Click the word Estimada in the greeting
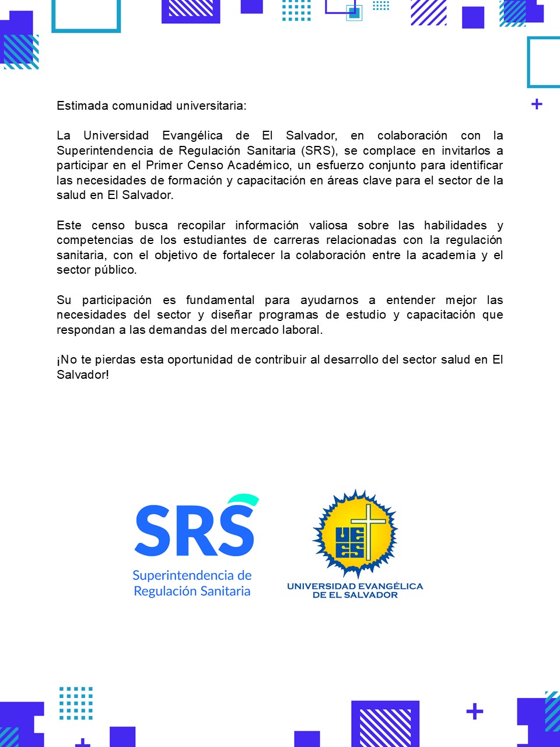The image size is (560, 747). click(x=82, y=106)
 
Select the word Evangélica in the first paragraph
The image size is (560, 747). click(x=192, y=135)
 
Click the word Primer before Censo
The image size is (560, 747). click(x=164, y=166)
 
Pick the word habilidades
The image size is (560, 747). click(x=455, y=225)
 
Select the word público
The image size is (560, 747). click(x=116, y=270)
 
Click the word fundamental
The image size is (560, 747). click(x=220, y=300)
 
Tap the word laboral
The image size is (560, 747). click(x=303, y=330)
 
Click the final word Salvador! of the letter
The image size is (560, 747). click(x=83, y=375)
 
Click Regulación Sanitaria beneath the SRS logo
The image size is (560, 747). click(x=192, y=591)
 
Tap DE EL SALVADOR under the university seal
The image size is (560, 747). click(x=355, y=595)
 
